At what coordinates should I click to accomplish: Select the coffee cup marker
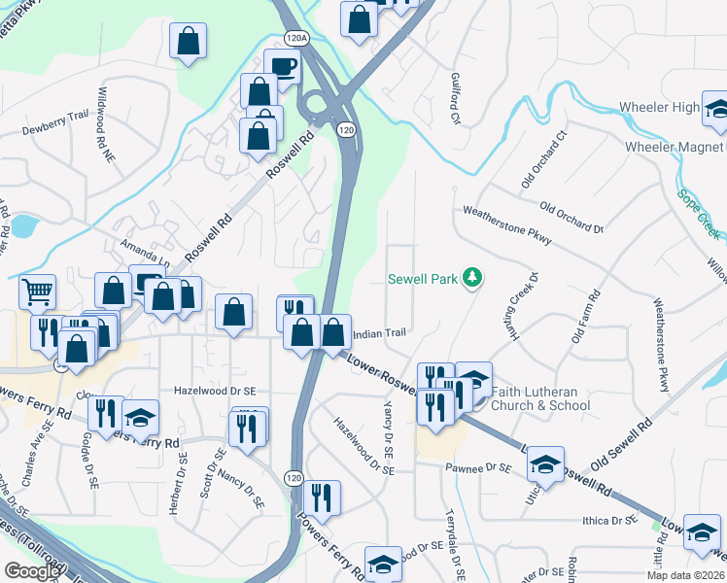(x=282, y=66)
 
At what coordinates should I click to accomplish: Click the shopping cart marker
(x=37, y=291)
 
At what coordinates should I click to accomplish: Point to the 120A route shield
(x=296, y=38)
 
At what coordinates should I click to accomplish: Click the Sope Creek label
(x=700, y=214)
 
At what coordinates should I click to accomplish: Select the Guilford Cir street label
(x=454, y=98)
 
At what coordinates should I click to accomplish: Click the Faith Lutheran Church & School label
(x=536, y=398)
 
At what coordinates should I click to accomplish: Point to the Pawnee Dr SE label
(x=477, y=468)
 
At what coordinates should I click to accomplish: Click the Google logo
(x=32, y=571)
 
